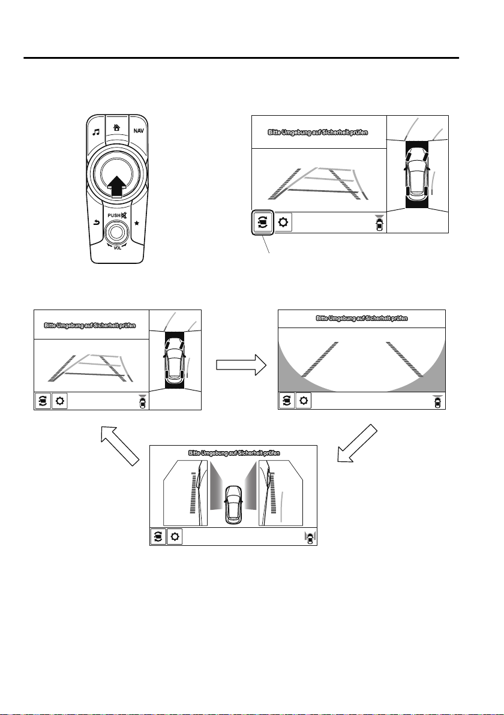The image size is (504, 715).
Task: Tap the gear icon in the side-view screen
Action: (174, 536)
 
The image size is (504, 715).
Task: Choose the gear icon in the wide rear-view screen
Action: (304, 401)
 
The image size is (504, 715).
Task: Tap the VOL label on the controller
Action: (118, 248)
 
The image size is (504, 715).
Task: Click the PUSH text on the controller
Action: (113, 215)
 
